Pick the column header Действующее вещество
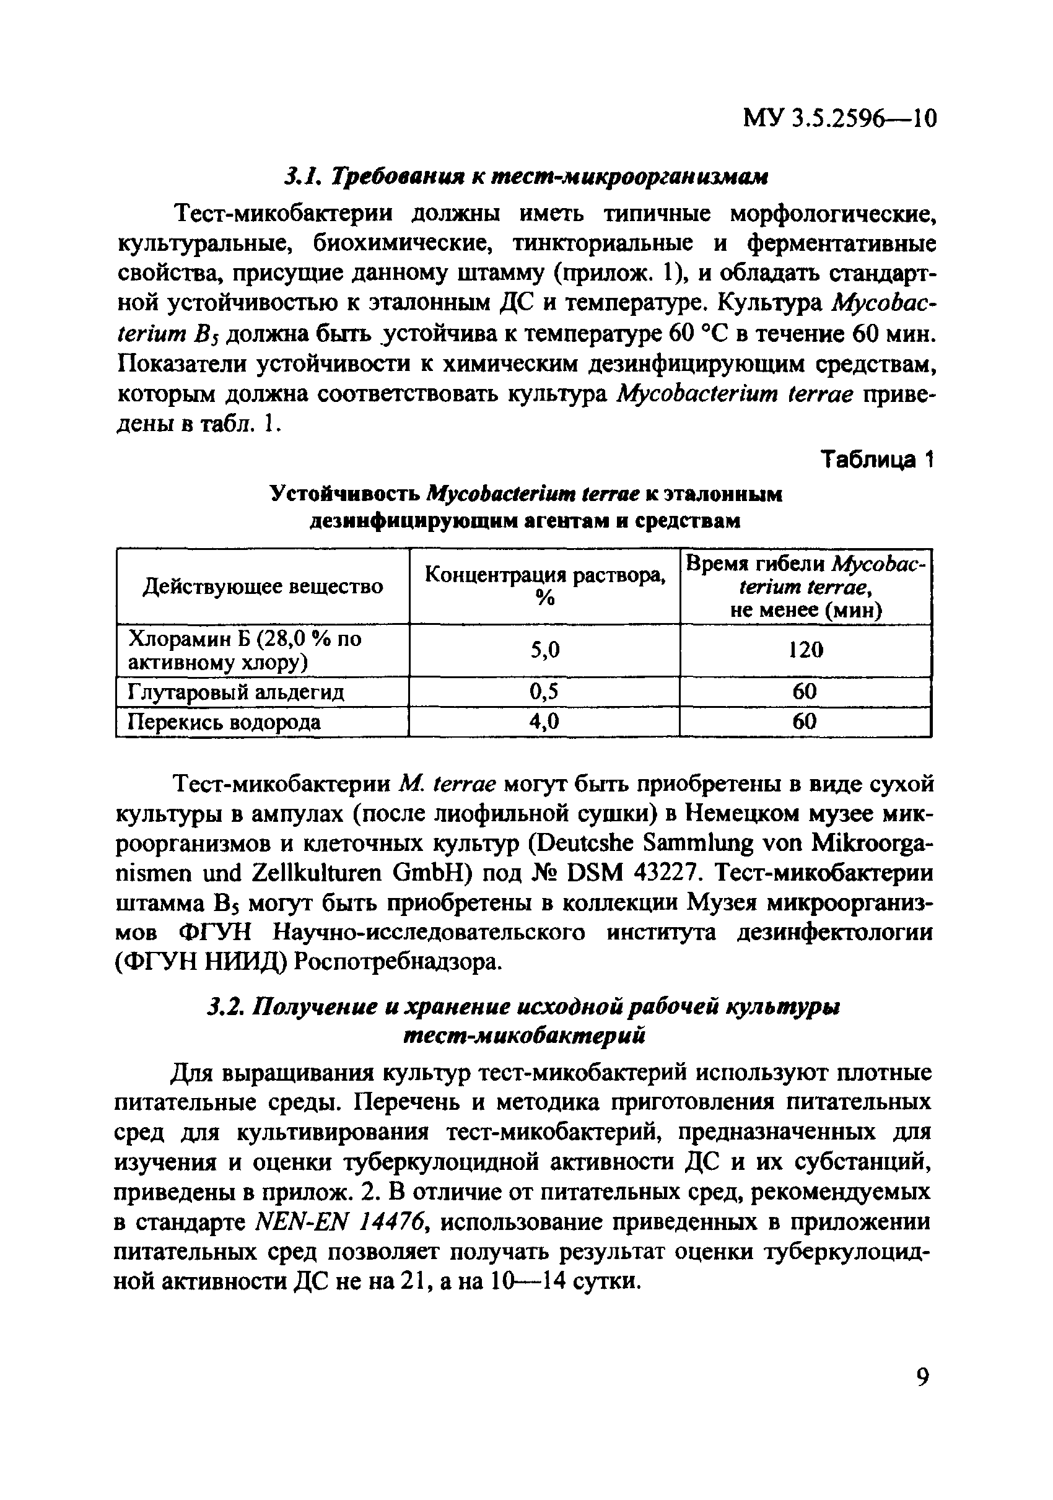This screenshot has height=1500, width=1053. tap(263, 586)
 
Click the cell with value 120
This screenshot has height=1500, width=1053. tap(805, 650)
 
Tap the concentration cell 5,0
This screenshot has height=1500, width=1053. tap(545, 650)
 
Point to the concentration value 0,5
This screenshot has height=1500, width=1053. tap(545, 691)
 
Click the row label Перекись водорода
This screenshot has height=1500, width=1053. tap(224, 722)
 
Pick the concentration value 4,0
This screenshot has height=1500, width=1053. tap(545, 722)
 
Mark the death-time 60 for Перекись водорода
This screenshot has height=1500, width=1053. tap(805, 722)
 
